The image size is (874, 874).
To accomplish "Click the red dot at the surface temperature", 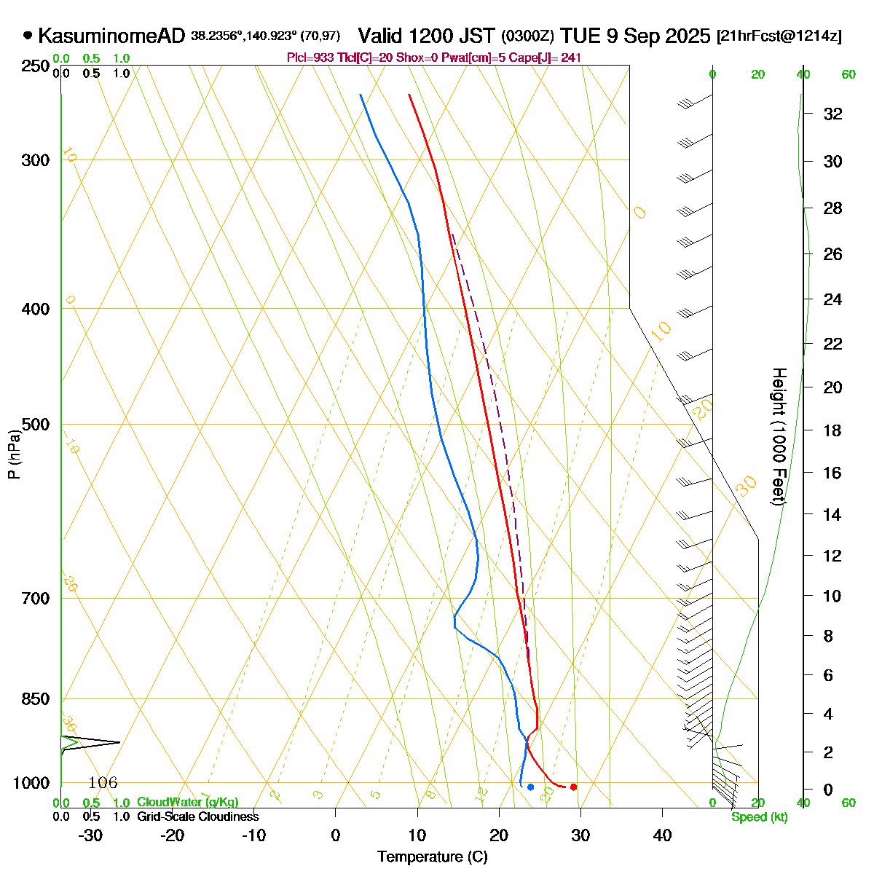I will [574, 787].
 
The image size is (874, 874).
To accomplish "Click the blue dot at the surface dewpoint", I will [530, 787].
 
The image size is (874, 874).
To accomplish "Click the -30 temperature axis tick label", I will [90, 835].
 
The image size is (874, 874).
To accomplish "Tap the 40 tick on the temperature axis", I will [662, 835].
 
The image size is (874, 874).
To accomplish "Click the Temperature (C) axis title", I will [433, 857].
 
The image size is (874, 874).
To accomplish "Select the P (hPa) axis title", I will [14, 454].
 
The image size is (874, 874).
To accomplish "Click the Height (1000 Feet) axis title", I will [778, 437].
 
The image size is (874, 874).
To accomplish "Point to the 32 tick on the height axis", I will [832, 114].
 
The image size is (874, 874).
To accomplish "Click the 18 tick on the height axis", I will [832, 430].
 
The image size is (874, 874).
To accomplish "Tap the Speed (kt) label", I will [760, 817].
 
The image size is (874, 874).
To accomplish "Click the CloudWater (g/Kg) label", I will [187, 802].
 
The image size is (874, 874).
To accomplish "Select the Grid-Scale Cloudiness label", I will [197, 816].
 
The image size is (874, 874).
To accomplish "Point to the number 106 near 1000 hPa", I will [103, 783].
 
